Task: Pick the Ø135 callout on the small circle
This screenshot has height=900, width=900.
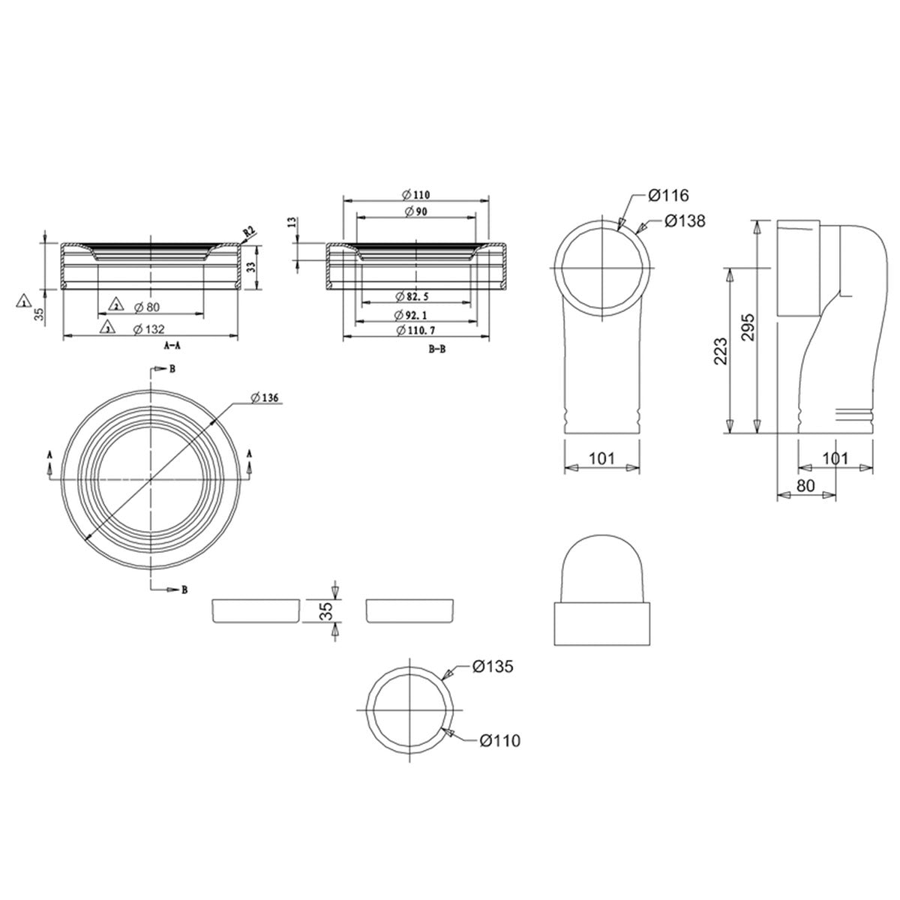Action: [493, 666]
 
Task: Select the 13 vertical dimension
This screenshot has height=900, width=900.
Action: [291, 223]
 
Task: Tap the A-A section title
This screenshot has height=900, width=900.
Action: [171, 346]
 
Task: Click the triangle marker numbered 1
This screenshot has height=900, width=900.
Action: [24, 301]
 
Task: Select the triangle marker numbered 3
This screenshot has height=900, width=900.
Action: [108, 328]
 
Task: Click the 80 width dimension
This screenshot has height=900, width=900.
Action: [805, 485]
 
